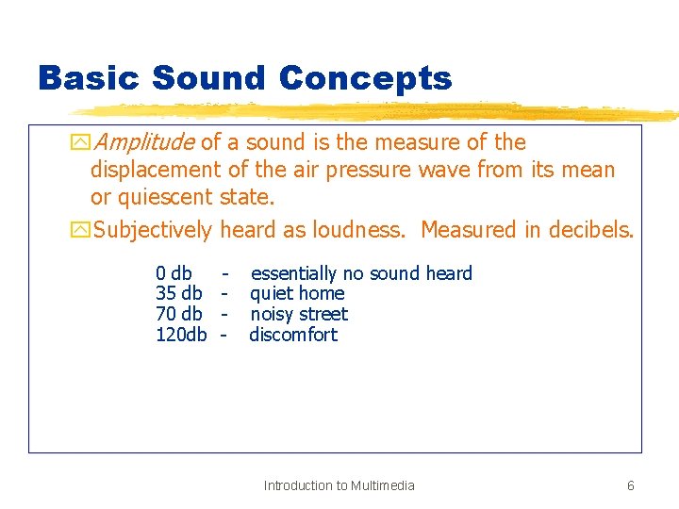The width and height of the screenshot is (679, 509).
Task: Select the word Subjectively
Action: pos(153,230)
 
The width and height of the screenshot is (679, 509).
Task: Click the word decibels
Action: pos(588,230)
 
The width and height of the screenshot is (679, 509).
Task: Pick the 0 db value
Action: pos(174,273)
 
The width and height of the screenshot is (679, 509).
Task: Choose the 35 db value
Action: pos(178,293)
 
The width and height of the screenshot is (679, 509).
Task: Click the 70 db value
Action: pos(178,314)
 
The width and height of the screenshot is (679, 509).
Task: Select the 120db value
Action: pos(180,335)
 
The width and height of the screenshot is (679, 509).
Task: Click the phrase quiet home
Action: pos(297,293)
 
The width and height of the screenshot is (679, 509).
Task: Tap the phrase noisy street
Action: pos(299,314)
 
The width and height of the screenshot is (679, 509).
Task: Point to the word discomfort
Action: pos(293,335)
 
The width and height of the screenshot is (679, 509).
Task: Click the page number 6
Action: pos(630,485)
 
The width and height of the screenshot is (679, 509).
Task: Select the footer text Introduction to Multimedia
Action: pos(339,485)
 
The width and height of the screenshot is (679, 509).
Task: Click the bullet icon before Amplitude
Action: pos(80,143)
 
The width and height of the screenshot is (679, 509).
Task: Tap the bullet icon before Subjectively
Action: pos(80,231)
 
